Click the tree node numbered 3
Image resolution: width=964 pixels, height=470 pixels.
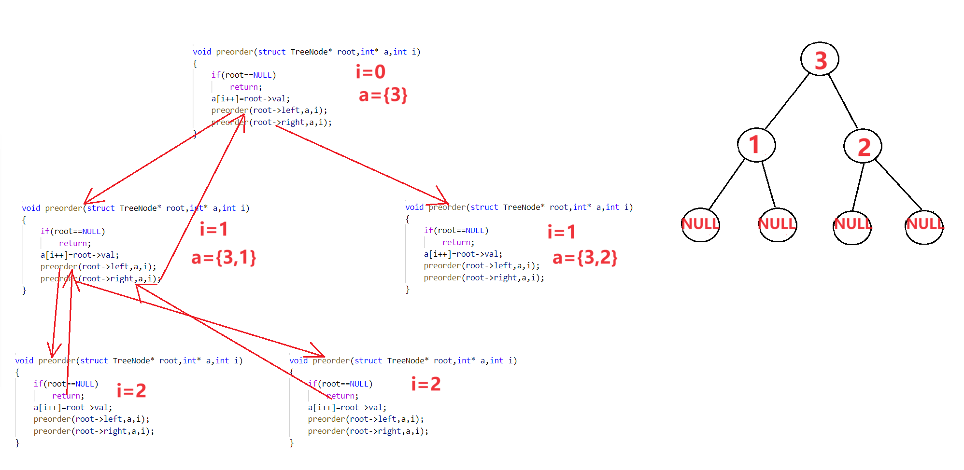point(820,59)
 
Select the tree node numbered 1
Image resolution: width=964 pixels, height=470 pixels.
point(756,145)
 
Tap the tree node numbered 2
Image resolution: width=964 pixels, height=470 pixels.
point(863,146)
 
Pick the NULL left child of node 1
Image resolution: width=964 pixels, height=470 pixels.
point(700,224)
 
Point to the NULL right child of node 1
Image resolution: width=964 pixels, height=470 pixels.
point(777,224)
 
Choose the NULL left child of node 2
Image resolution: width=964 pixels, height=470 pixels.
point(852,227)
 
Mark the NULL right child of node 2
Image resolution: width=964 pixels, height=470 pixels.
point(924,227)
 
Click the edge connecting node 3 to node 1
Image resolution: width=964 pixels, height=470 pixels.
point(787,101)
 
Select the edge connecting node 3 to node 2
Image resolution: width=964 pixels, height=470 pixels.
point(843,101)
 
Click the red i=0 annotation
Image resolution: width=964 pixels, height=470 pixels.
point(370,72)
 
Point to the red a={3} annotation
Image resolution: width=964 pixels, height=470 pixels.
point(383,95)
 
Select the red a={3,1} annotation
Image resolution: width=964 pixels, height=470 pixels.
point(224,258)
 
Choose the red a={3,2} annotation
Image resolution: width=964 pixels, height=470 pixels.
point(585,258)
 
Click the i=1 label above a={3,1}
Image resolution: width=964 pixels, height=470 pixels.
point(213,229)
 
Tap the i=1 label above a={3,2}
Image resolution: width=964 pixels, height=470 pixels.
point(561,232)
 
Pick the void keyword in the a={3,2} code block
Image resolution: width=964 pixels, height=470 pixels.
point(414,207)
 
